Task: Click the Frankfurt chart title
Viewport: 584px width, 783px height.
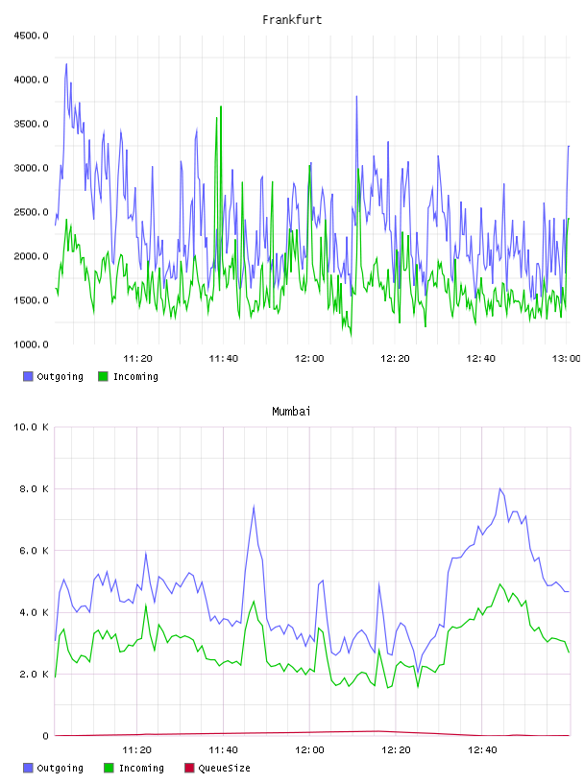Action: coord(292,19)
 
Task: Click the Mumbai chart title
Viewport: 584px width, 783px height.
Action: coord(291,411)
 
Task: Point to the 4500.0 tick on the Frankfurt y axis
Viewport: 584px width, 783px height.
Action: coord(31,36)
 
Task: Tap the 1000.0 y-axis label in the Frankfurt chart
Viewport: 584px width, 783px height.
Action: coord(31,344)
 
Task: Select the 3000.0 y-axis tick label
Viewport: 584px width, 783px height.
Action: coord(31,168)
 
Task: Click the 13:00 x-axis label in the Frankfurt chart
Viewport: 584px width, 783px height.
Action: coord(566,358)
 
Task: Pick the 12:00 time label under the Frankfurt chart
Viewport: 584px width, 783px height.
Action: coord(309,358)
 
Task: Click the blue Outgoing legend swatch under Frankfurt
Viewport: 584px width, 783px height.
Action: coord(28,376)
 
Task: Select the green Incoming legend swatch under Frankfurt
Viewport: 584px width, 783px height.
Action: coord(103,376)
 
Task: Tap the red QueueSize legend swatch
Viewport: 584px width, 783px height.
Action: coord(189,768)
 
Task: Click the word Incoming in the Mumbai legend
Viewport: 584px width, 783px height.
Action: coord(141,768)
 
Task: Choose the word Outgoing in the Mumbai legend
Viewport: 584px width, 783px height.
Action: coord(60,768)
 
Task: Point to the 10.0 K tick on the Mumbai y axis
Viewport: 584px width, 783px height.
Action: coord(31,427)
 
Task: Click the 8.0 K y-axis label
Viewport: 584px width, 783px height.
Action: coord(34,488)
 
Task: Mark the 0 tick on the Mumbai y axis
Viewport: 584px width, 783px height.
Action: coord(45,736)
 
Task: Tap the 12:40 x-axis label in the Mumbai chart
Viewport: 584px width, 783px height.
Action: coord(482,749)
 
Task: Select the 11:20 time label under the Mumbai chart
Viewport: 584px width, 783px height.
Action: coord(137,749)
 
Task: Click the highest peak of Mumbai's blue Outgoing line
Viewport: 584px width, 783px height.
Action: coord(499,488)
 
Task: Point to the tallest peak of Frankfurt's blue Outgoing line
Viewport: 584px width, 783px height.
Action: coord(66,64)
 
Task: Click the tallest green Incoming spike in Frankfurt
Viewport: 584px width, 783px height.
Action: coord(221,107)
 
